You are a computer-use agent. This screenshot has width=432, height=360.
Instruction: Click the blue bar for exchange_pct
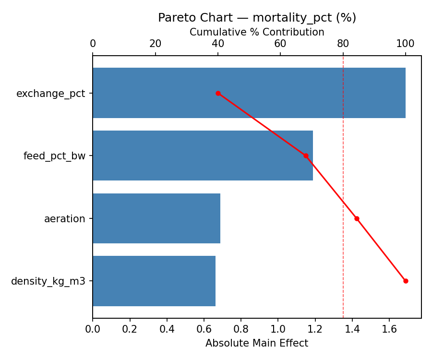249,93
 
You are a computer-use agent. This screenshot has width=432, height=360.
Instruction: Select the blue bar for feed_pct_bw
203,156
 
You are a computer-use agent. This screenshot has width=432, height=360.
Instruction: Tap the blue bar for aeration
156,218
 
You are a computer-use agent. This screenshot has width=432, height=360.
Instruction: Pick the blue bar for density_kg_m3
154,281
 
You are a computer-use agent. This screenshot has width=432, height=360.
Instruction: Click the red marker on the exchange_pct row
218,93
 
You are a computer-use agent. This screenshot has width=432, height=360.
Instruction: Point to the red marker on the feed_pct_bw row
305,156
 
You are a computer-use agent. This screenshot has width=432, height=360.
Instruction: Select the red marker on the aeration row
357,218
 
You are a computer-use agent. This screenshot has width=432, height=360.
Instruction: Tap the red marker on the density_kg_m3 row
406,281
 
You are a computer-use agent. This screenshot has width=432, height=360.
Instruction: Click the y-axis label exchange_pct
50,94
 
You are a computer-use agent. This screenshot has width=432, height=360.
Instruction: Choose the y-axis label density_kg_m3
48,281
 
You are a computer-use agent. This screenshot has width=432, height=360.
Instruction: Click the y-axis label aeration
64,219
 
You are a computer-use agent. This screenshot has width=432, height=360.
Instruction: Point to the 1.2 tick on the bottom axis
315,329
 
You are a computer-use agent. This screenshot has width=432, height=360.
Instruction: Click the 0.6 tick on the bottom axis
204,329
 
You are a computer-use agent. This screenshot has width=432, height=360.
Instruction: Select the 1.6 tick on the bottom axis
389,329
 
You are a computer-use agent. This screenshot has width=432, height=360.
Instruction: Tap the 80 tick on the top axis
343,44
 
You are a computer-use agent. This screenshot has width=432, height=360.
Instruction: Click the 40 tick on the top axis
218,44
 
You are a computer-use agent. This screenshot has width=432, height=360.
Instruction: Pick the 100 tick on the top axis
406,44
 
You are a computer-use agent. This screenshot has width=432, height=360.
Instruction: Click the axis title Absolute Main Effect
257,343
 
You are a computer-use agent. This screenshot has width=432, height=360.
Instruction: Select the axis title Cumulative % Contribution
257,32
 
